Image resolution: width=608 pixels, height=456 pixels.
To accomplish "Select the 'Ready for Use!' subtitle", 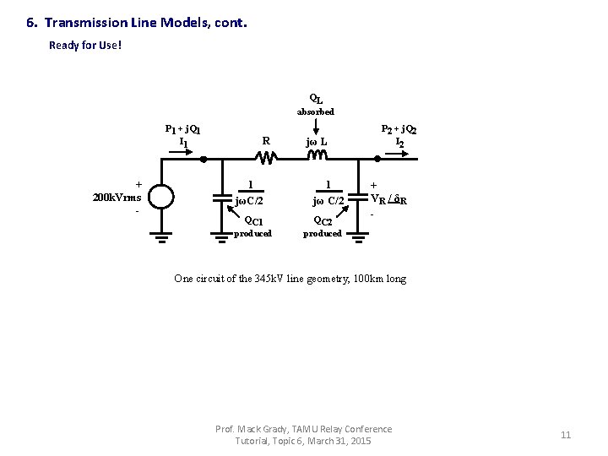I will pos(85,45).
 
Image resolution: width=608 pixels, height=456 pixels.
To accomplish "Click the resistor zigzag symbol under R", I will pos(266,158).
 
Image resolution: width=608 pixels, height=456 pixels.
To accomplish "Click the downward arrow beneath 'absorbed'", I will pos(316,126).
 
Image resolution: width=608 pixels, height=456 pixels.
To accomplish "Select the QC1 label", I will pos(253,220).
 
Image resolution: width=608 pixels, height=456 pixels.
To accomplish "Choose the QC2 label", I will pos(324,220).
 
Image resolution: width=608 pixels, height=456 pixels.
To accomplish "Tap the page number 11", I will pos(566,435).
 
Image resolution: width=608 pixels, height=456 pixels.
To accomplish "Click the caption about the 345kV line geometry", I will pos(290,278).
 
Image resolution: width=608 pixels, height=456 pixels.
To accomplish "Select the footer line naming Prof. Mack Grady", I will pos(304,429).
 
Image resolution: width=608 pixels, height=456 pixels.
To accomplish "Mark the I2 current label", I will pos(400,143).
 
